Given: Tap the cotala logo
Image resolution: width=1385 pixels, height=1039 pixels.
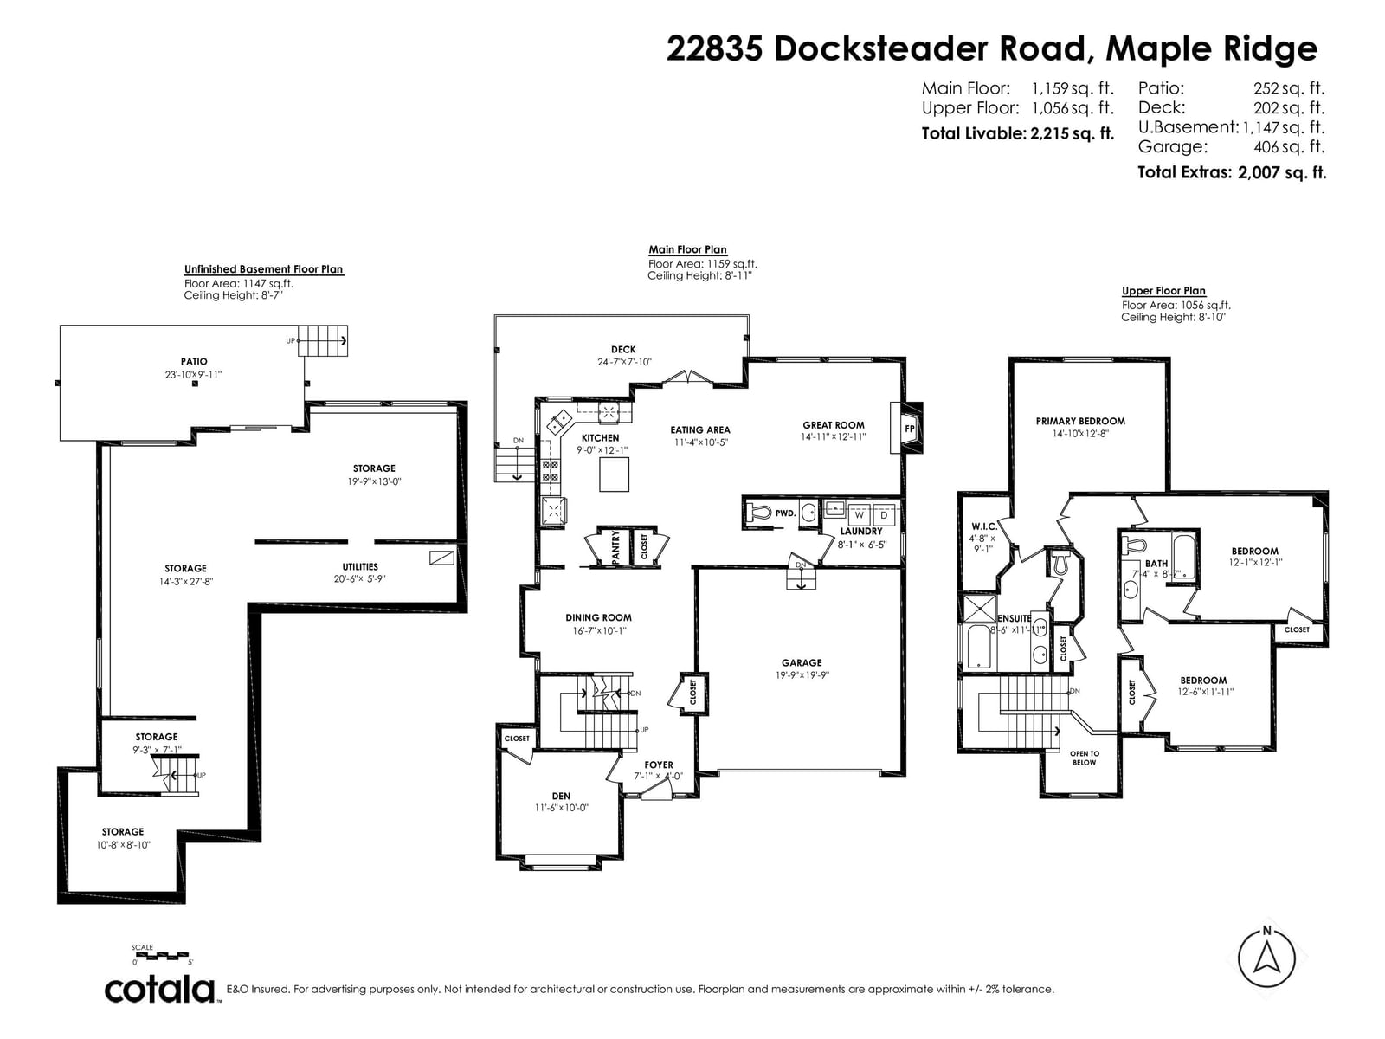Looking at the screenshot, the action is (160, 991).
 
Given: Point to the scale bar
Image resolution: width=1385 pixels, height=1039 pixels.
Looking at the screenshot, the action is (162, 955).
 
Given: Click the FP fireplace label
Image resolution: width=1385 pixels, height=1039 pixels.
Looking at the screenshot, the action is (909, 429).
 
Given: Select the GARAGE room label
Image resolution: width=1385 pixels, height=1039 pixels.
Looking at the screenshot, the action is (802, 662).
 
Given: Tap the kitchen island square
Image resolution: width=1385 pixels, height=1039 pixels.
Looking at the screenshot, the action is (614, 474).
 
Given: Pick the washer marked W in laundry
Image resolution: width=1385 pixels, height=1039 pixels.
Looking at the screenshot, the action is (859, 515).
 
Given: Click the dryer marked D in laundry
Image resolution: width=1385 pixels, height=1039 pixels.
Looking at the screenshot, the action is (884, 515).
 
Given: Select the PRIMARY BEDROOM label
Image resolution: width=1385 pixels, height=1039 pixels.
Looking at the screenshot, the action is (1080, 421).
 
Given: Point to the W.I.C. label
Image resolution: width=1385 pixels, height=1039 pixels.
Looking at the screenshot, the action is (984, 526).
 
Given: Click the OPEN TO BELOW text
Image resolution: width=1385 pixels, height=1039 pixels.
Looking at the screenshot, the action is (1084, 758).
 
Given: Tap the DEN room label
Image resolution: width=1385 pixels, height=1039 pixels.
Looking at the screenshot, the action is (561, 796).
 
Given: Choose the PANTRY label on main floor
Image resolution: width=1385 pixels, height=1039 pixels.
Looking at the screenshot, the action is (615, 547).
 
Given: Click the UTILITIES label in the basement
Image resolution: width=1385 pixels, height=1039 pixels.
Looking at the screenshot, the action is (359, 566).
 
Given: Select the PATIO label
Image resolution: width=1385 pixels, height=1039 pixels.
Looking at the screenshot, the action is (194, 361).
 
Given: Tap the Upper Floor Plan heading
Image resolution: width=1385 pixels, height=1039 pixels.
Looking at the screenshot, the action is (1163, 291).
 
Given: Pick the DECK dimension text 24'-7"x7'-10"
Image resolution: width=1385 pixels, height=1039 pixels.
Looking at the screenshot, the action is (624, 362).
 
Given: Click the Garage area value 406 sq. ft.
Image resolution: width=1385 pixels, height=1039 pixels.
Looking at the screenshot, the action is (1289, 146).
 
